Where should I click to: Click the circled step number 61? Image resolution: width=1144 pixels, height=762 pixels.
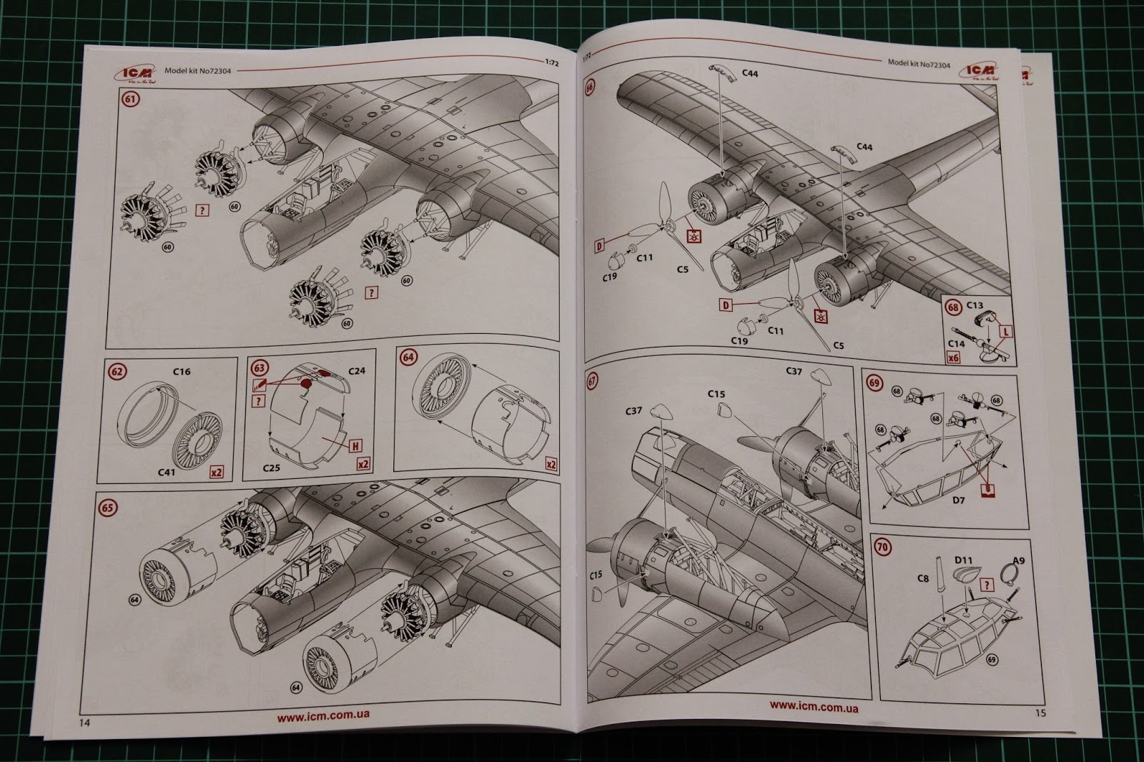pos(130,99)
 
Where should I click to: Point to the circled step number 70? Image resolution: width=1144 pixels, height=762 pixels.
pos(883,548)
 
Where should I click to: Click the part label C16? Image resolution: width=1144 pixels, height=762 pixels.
pos(182,372)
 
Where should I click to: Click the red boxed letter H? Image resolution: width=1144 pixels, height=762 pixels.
pos(354,446)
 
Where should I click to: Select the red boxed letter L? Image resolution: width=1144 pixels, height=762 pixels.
pos(1006,332)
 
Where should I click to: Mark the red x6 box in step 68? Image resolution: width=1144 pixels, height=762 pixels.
pos(953,360)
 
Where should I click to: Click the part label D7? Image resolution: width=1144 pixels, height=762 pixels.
pos(958,500)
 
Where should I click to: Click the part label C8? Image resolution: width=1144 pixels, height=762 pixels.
pos(923,578)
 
